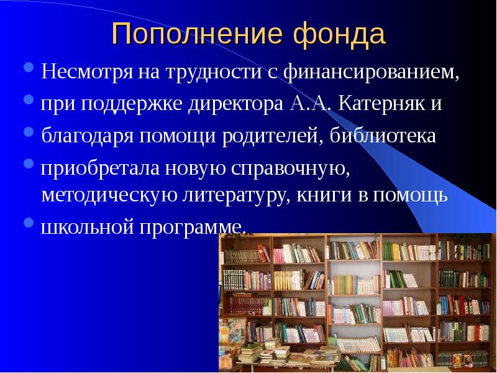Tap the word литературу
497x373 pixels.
[x=233, y=195]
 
